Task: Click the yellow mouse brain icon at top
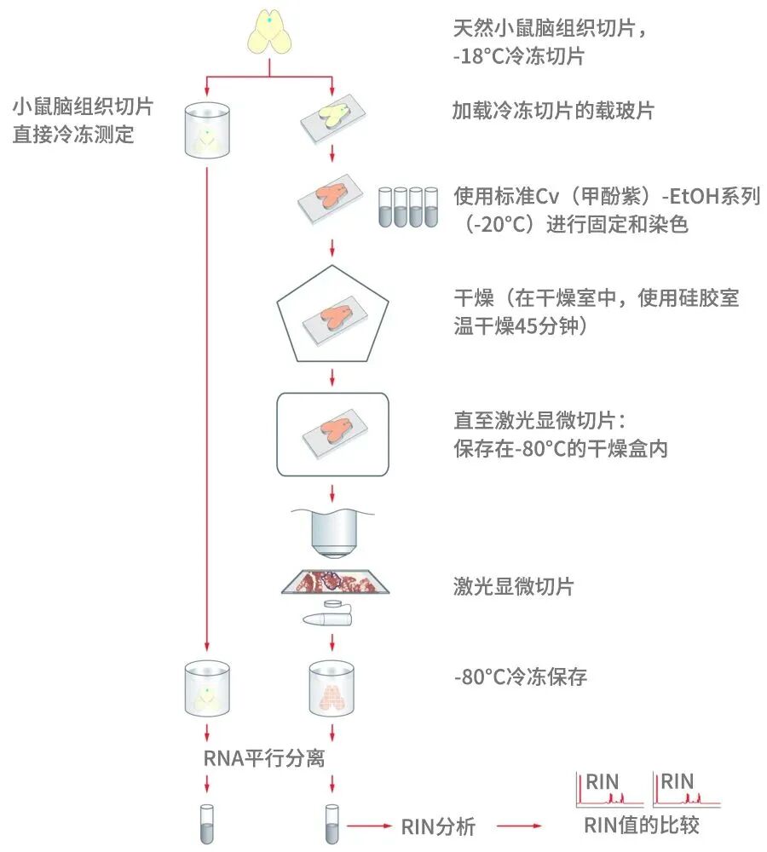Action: [x=270, y=34]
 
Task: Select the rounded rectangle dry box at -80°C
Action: [x=332, y=434]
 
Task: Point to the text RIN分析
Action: [x=437, y=826]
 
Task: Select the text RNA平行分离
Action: [x=264, y=758]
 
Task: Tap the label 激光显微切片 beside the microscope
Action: [x=513, y=586]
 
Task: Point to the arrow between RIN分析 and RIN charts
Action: [x=520, y=826]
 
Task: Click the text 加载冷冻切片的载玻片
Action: [x=554, y=111]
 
